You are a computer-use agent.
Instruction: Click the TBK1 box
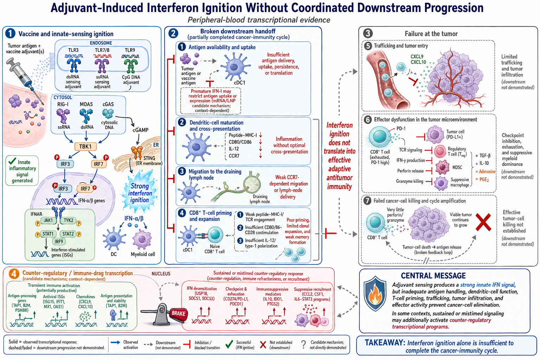pos(85,146)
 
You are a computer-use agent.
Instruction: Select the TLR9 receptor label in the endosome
pos(130,50)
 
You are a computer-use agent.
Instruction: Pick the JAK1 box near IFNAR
pos(48,220)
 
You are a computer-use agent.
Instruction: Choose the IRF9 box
pos(59,242)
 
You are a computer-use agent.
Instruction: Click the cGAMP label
pos(140,130)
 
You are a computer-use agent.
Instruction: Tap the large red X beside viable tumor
pos(483,222)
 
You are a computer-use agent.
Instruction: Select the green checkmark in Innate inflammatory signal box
pos(12,161)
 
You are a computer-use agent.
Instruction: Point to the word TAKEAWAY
pos(385,342)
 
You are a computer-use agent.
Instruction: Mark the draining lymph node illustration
pos(252,183)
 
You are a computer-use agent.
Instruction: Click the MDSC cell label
pos(457,167)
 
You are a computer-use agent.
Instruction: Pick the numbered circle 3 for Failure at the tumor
pos(368,33)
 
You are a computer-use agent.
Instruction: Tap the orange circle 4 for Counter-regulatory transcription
pos(14,274)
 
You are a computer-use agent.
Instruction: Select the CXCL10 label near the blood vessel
pos(418,62)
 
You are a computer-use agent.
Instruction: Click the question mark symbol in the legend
pos(303,344)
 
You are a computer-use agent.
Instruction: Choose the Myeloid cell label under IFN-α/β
pos(143,254)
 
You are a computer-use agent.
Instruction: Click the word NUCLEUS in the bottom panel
pos(161,274)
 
